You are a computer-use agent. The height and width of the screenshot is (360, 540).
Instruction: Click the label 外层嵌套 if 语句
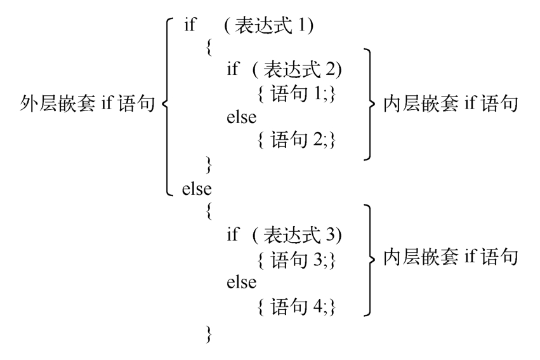(x=87, y=103)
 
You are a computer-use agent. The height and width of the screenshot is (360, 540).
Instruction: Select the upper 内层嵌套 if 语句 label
(x=451, y=103)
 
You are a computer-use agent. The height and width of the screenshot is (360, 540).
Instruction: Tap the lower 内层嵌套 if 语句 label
(x=451, y=257)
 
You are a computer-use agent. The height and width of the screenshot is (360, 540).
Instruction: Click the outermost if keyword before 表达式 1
(x=190, y=25)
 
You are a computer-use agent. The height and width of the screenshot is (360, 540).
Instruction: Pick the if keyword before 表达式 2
(x=232, y=69)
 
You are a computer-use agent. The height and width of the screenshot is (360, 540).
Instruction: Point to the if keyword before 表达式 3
(x=232, y=234)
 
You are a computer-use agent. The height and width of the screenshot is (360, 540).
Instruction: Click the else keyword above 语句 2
(x=241, y=116)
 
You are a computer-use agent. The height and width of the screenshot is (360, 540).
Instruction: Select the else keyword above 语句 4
(x=241, y=282)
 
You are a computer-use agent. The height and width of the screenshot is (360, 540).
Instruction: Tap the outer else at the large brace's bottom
(x=197, y=189)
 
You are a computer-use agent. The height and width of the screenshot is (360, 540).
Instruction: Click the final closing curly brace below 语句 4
(x=209, y=334)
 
